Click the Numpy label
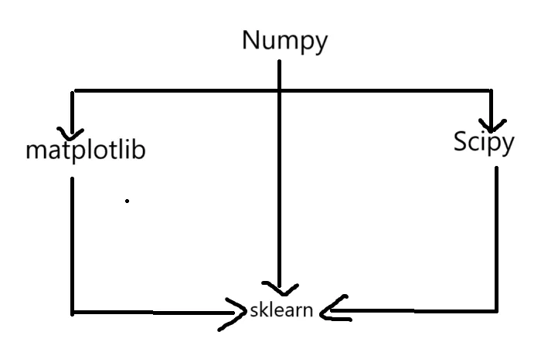click(x=284, y=41)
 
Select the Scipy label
click(x=483, y=143)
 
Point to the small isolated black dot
click(x=127, y=201)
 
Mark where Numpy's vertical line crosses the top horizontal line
click(x=279, y=91)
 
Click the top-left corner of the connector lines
click(x=73, y=92)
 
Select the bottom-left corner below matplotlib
click(x=72, y=313)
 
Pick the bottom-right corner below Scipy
click(x=495, y=310)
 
